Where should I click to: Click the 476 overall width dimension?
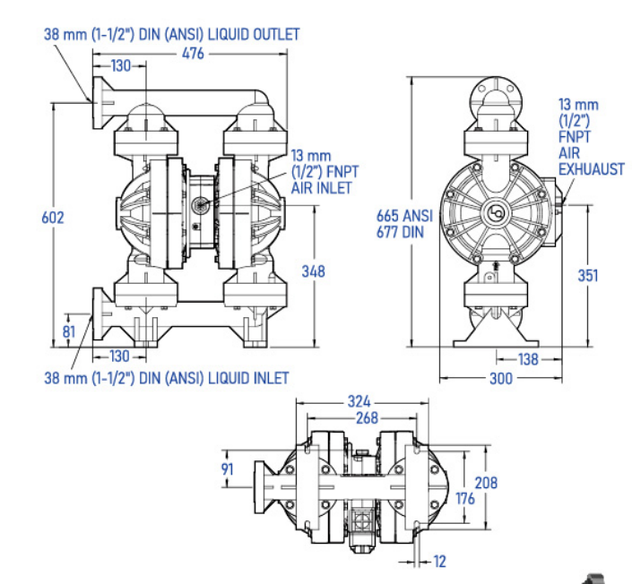[193, 53]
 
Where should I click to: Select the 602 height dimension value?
[53, 218]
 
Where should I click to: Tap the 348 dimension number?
[313, 271]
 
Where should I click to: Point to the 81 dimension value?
[69, 331]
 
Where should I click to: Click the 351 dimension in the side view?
[588, 276]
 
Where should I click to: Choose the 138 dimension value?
[528, 359]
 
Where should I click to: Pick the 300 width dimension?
[501, 379]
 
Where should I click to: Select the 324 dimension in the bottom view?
[359, 401]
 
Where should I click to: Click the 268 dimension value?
[367, 418]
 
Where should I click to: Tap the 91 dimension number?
[227, 469]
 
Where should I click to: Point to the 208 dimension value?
[486, 483]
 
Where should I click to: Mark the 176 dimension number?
[465, 499]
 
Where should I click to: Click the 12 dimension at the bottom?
[440, 562]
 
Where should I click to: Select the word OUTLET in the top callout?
[276, 34]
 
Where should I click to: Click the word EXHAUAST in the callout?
[592, 169]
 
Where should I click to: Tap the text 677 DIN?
[400, 232]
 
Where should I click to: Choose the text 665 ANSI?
[404, 216]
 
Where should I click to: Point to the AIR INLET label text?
[321, 188]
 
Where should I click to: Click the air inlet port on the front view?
[200, 204]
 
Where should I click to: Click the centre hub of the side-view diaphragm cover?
[496, 212]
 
